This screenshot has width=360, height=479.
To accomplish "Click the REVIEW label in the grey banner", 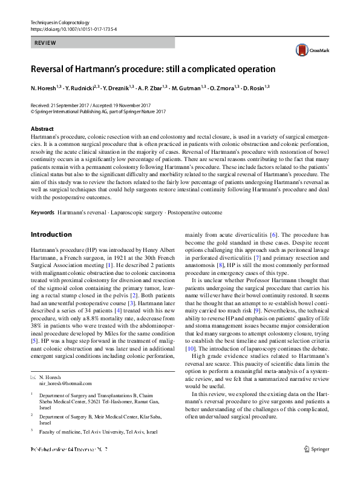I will point(44,43).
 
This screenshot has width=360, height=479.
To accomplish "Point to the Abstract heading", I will point(42,129).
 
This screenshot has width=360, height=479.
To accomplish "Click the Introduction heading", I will point(51,234).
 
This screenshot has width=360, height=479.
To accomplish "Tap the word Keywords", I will point(42,213).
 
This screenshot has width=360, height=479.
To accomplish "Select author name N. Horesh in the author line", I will point(44,88).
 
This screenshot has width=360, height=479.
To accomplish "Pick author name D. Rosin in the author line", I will point(257,88).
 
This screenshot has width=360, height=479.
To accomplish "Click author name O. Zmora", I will point(223,88).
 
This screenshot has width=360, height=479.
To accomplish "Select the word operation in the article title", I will point(250,69).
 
